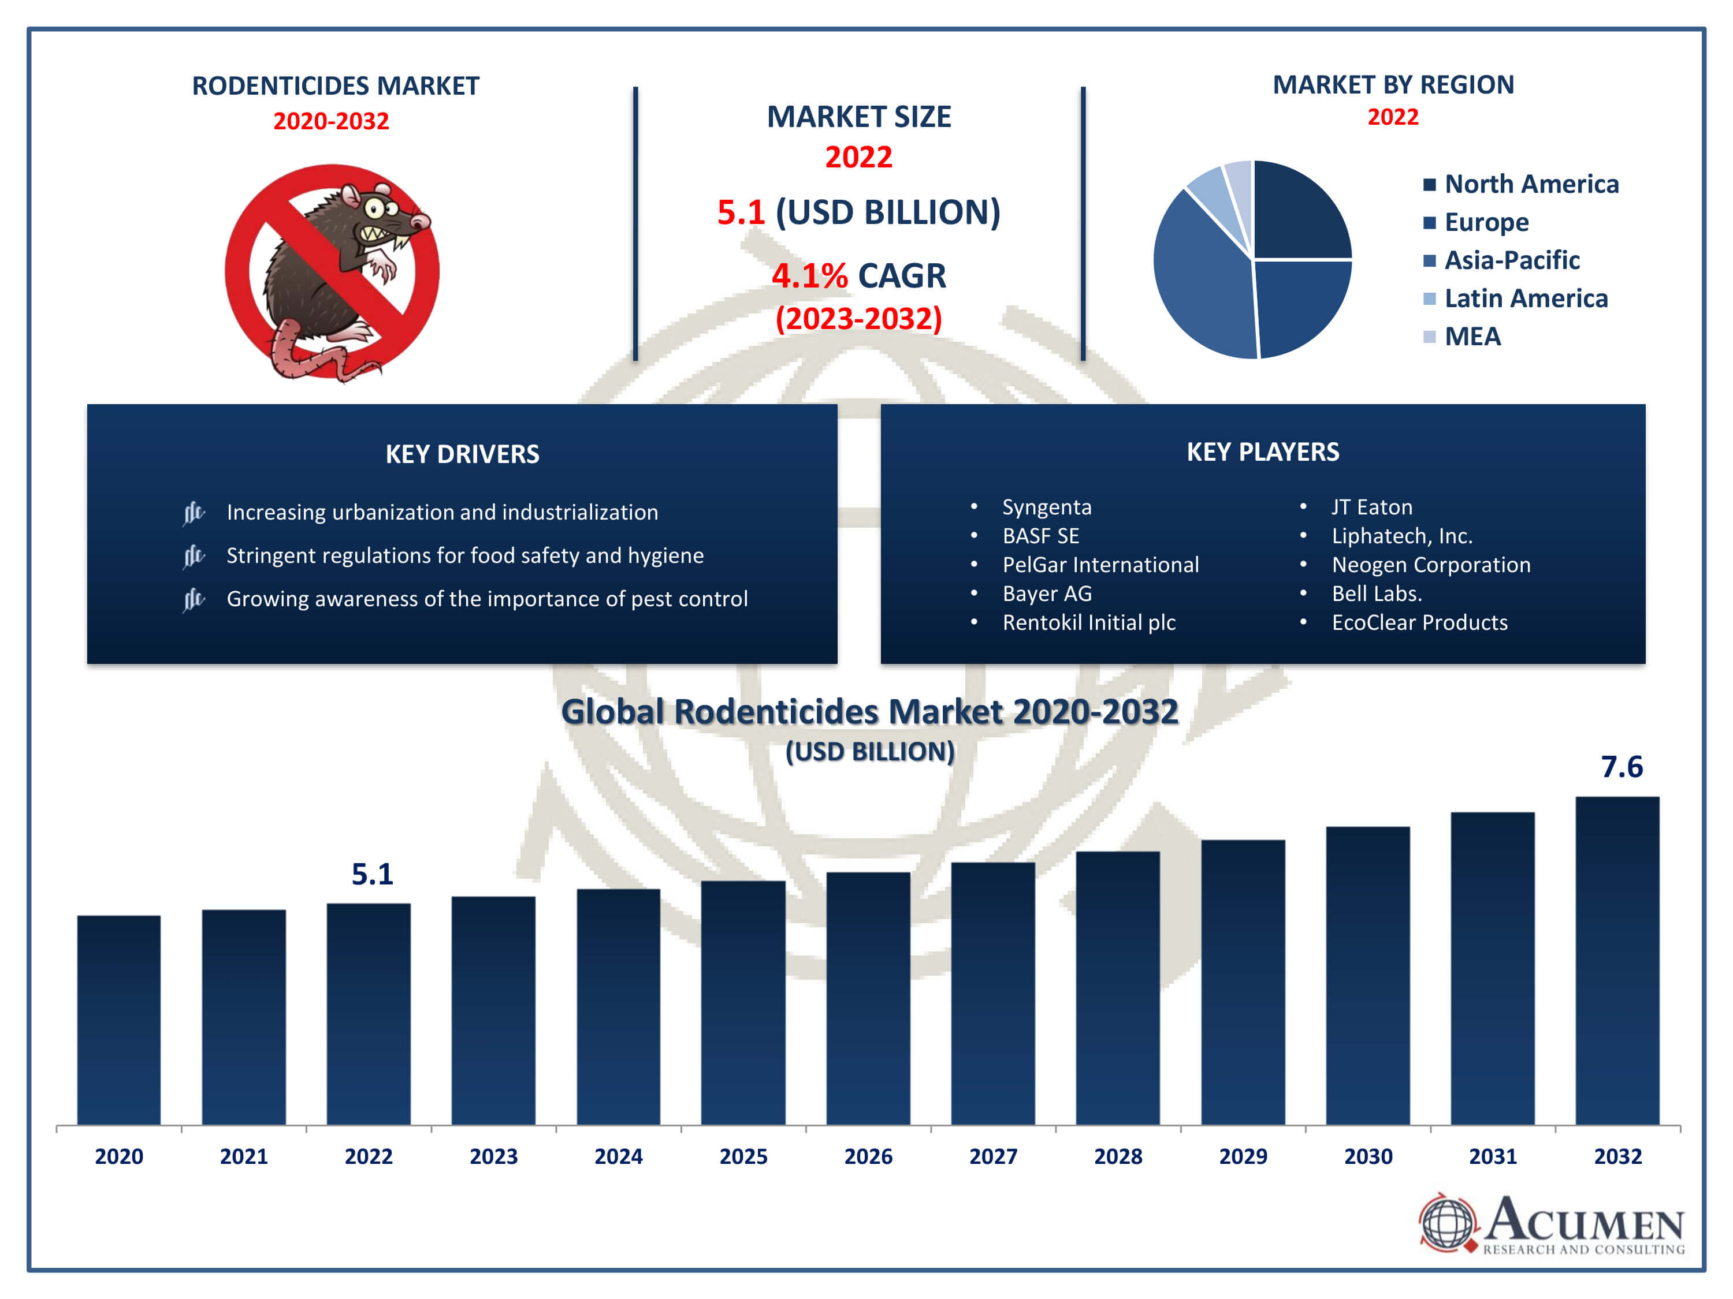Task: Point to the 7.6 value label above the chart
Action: [1621, 767]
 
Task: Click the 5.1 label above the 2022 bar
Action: [372, 874]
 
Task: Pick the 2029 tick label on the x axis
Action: [1243, 1156]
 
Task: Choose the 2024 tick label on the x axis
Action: [618, 1156]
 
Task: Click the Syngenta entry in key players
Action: [1047, 507]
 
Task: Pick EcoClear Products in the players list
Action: [1419, 622]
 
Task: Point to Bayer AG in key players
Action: [1047, 593]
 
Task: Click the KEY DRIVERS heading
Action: [462, 454]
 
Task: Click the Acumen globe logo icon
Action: [1447, 1222]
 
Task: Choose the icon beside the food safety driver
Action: [193, 556]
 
